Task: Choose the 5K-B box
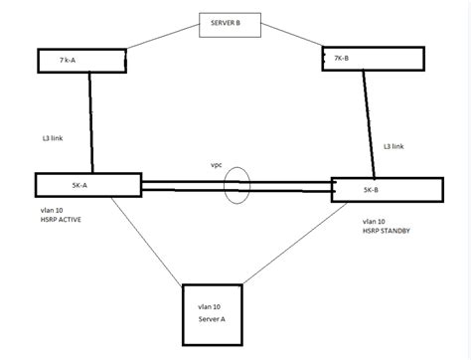pos(386,190)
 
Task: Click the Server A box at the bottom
pos(226,315)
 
